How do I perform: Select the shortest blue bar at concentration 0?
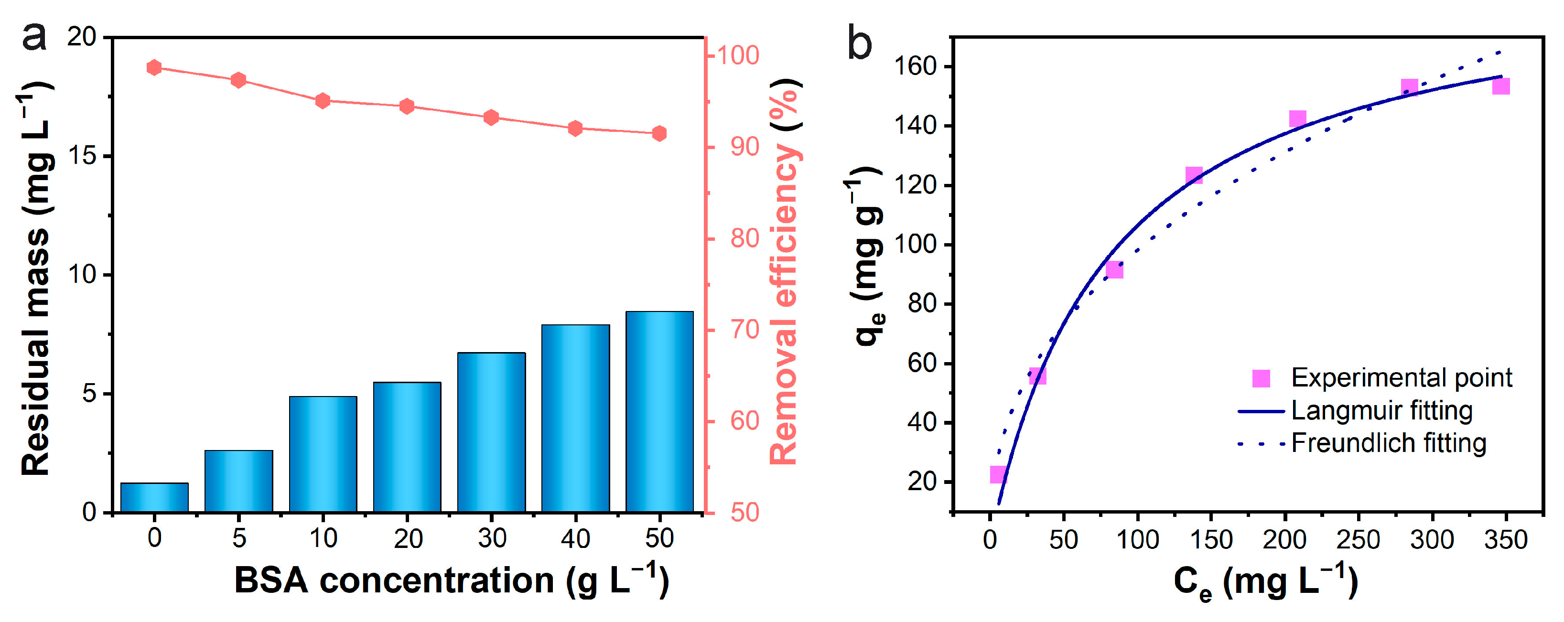[154, 498]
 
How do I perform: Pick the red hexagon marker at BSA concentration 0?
[154, 67]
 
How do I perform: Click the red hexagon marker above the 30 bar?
[491, 118]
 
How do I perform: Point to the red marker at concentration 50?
[659, 133]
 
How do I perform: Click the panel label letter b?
[859, 43]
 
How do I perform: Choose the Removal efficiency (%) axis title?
[785, 273]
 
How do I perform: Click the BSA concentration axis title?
[451, 580]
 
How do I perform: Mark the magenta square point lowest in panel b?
[998, 474]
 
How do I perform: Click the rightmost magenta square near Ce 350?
[1501, 86]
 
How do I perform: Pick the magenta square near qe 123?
[1194, 176]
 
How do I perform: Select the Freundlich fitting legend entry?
[1388, 443]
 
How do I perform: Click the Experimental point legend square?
[1261, 378]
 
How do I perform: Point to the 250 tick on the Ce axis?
[1358, 539]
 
